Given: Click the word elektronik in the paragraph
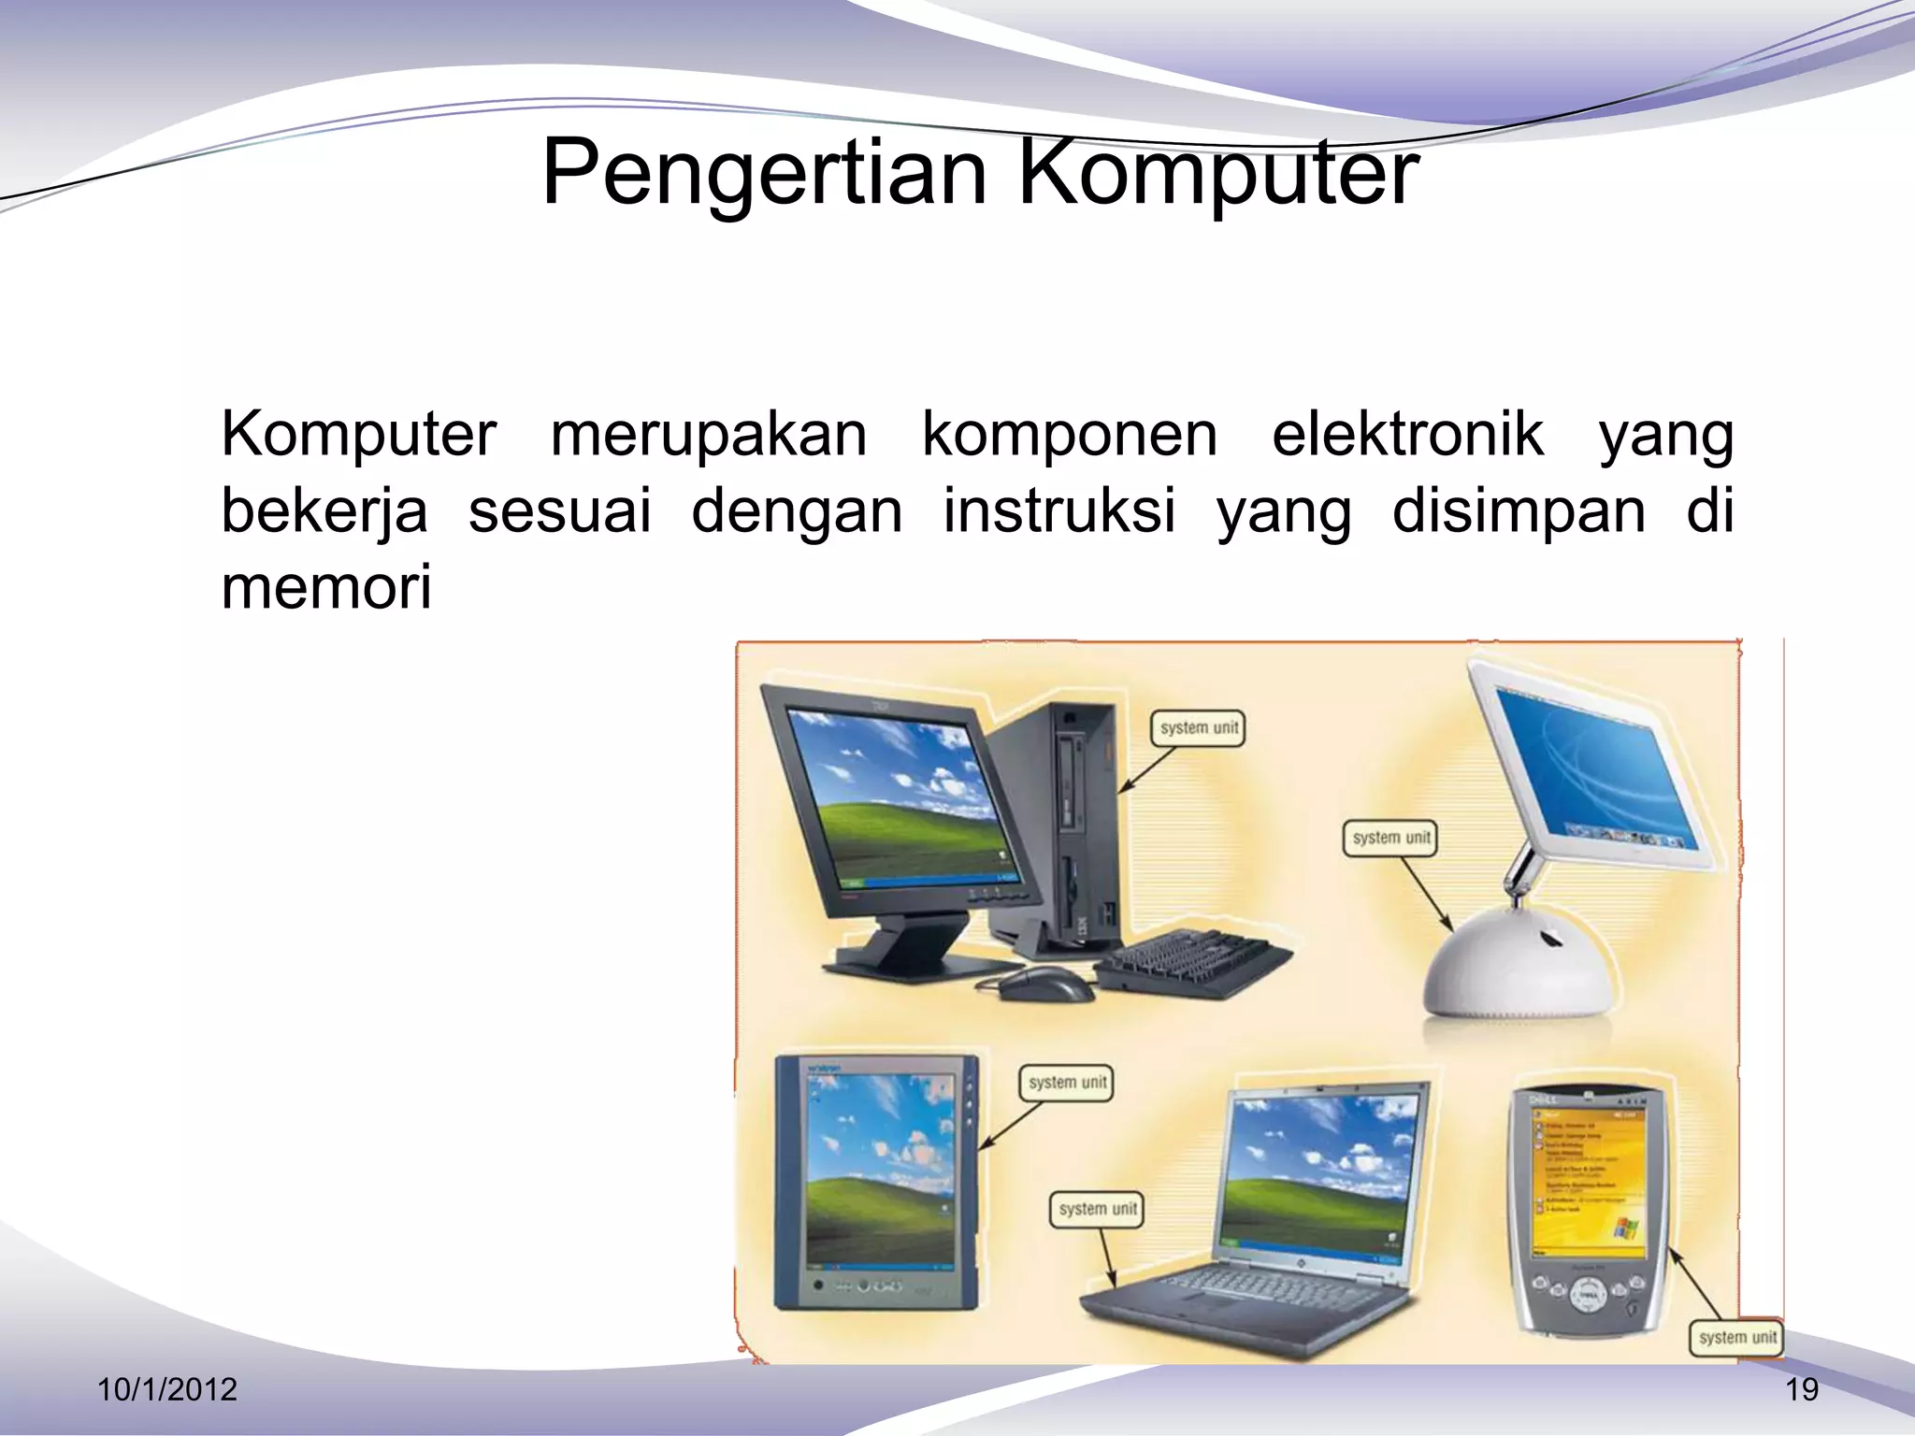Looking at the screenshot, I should [1407, 435].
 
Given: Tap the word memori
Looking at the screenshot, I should [326, 588].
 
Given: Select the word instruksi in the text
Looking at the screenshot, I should [1058, 511].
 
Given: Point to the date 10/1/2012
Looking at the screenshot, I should [167, 1389].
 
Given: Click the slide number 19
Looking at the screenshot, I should [1802, 1389].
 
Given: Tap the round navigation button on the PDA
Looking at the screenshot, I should [1587, 1294].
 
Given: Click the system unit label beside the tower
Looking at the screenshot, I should [1198, 728].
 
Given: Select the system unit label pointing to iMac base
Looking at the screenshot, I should [1390, 838].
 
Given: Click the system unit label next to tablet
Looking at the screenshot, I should [1066, 1083].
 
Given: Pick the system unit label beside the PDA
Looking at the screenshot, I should [1736, 1337].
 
